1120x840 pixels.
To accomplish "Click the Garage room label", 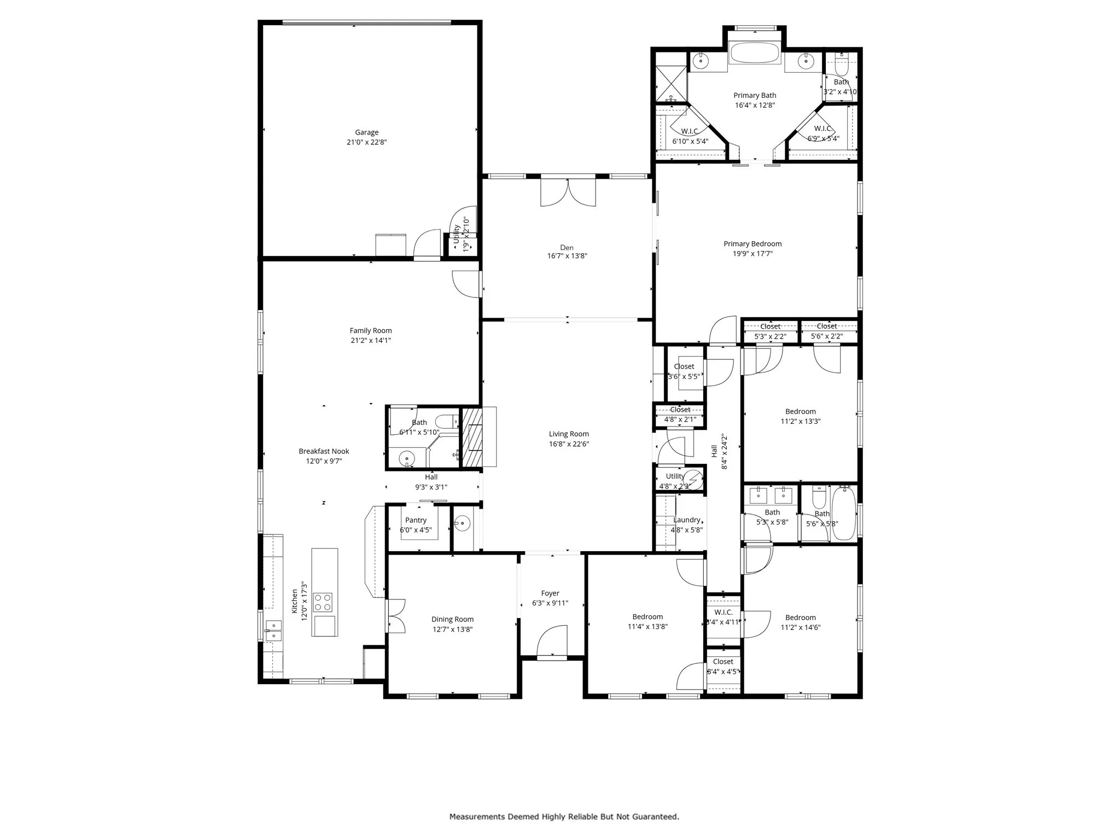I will (366, 132).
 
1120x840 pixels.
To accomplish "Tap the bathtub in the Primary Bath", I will (755, 54).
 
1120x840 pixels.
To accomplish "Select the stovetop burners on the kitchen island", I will (322, 602).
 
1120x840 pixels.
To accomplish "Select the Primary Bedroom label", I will (752, 244).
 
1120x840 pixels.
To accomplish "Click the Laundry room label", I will (686, 520).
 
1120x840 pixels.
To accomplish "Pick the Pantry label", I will (416, 520).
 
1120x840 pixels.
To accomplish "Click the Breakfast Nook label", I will (324, 451).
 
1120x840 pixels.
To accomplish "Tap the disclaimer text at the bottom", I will (564, 816).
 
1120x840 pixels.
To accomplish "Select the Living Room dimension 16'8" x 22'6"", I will (569, 444).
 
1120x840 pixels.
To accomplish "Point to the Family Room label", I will (371, 330).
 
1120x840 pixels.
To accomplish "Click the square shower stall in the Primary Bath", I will (670, 83).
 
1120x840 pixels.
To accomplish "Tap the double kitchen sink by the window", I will (273, 631).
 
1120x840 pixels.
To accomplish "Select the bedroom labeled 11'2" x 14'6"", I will (800, 622).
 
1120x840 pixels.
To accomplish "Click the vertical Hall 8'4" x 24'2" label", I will (719, 452).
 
